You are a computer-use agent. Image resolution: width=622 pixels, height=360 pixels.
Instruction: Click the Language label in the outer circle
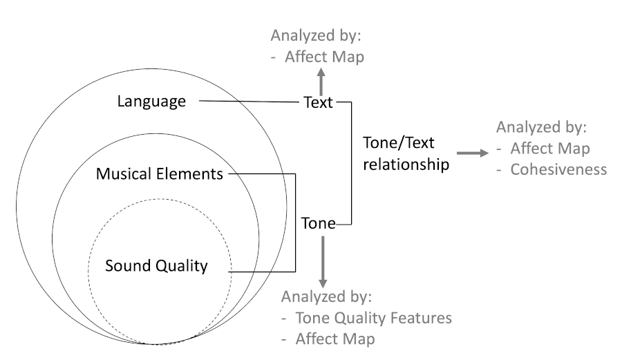tap(151, 102)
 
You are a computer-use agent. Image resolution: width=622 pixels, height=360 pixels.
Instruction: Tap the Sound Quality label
tap(156, 265)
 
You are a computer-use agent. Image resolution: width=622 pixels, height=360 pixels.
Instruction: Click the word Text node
tap(318, 103)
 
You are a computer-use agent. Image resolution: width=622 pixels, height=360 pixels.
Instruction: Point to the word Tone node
tap(319, 223)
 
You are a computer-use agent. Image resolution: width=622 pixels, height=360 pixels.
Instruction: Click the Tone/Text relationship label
tap(405, 153)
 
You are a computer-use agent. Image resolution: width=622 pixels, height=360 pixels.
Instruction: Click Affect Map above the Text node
tap(324, 57)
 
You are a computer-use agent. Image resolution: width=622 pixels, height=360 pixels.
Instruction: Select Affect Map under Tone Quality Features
tap(334, 339)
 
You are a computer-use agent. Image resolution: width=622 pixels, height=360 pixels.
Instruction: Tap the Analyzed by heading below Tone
tap(326, 297)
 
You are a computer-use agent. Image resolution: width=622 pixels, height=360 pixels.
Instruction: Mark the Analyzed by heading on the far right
tap(540, 128)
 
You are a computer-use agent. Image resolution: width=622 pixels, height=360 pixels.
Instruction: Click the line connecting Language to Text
tap(249, 103)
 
